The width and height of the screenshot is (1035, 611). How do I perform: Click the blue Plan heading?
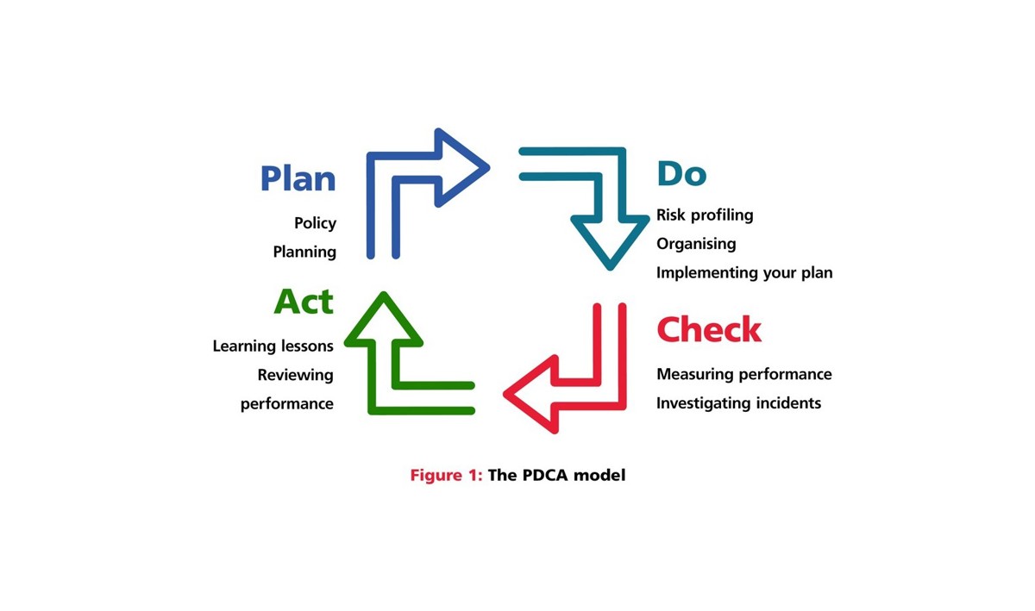coord(298,178)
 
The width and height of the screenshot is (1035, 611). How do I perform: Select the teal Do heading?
coord(681,174)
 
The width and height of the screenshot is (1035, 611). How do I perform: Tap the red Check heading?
coord(709,330)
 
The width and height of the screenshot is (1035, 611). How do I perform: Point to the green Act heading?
coord(304,302)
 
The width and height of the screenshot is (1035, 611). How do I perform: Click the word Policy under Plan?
coord(315,223)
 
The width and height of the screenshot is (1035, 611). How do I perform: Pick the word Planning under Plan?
coord(304,252)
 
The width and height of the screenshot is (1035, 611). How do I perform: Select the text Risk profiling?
coord(705,215)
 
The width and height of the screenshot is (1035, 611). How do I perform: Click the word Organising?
coord(696,244)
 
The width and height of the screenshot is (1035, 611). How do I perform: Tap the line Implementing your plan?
coord(744,273)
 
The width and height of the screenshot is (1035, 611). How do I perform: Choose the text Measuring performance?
coord(743,374)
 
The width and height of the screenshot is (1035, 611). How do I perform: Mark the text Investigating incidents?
coord(738,402)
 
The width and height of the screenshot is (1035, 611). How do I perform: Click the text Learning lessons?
coord(273,346)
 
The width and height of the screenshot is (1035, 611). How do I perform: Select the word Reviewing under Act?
coord(295,375)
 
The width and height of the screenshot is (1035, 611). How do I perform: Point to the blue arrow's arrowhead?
coord(461,167)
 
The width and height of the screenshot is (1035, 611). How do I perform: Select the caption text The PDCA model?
coord(556,475)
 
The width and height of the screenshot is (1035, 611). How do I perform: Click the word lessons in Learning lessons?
coord(304,346)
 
